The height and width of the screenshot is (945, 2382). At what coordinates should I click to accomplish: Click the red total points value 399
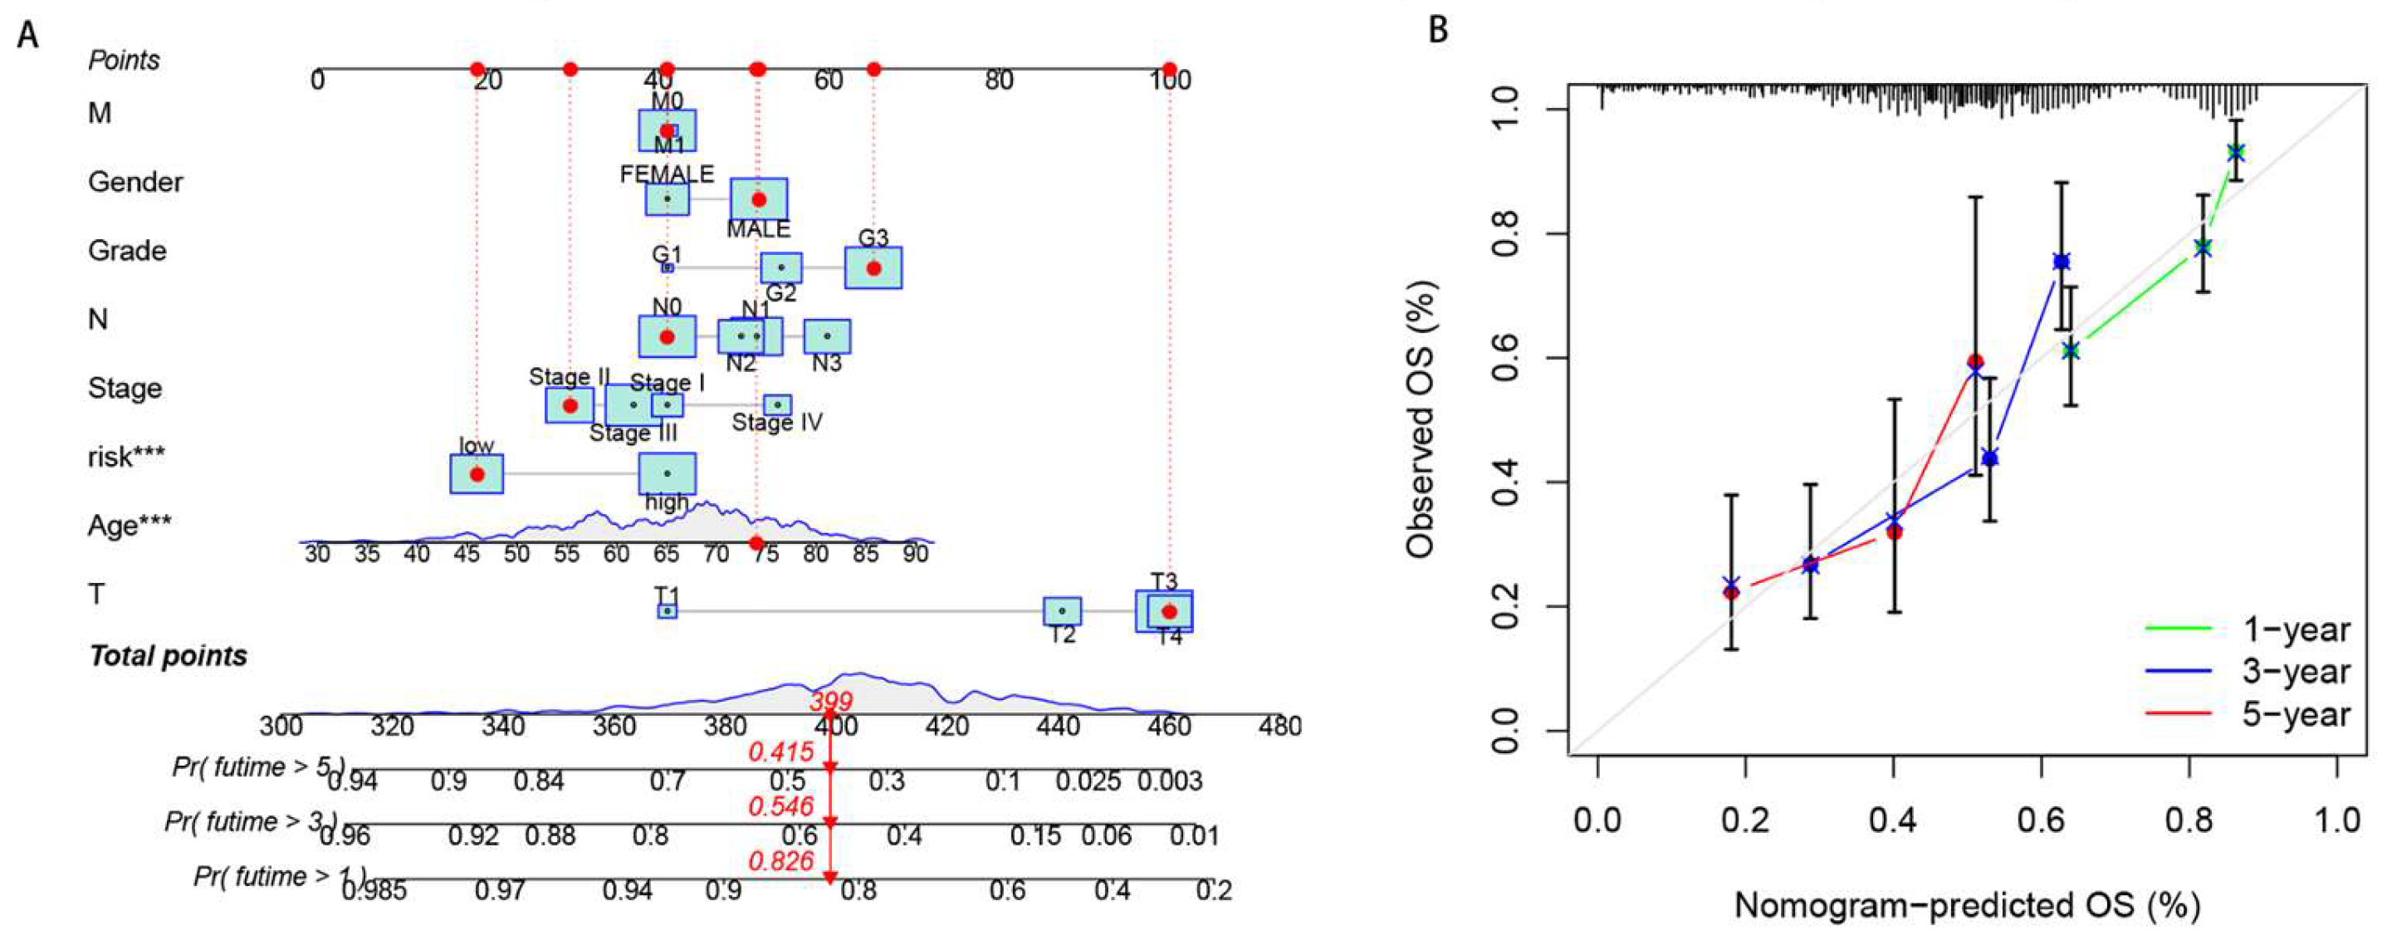830,702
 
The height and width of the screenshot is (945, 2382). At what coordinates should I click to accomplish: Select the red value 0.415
781,752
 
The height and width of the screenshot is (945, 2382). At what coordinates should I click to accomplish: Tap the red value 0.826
781,861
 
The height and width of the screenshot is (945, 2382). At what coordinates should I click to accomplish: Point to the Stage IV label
777,423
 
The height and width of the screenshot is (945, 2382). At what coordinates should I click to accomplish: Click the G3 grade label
873,237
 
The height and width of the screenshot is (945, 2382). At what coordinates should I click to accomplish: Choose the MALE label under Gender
758,228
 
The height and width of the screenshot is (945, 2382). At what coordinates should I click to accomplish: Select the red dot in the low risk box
477,474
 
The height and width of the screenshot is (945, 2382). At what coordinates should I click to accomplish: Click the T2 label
1063,634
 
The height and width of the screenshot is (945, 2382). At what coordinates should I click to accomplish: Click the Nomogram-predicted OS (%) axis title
1966,905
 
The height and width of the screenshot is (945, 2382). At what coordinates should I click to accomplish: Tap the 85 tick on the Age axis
865,554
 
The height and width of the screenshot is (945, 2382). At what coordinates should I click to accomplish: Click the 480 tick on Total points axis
1279,726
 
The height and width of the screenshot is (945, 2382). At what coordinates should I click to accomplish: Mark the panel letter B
1438,30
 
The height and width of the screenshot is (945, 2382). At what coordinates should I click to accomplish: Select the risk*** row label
127,457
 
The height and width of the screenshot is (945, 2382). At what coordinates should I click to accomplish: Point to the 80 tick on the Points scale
999,81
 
